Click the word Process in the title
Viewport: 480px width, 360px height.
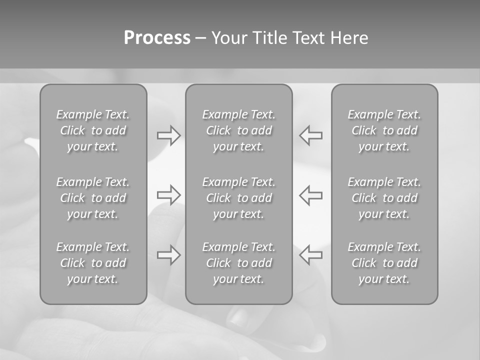point(157,38)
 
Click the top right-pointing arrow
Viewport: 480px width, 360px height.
point(168,135)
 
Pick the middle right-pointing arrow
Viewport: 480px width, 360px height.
point(168,195)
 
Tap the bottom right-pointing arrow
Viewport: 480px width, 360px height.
point(168,255)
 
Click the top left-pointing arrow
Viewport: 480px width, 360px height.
point(311,135)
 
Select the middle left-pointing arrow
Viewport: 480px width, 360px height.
point(311,195)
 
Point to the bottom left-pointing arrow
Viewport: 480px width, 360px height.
point(311,255)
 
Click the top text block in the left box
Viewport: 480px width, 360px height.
point(93,130)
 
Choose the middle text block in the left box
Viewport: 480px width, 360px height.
point(93,198)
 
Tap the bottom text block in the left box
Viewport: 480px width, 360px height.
point(93,263)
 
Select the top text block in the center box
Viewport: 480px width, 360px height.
point(238,130)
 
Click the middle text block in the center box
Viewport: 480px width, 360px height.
point(238,198)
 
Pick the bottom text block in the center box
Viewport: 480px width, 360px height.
point(238,263)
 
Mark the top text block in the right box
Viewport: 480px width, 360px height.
point(384,130)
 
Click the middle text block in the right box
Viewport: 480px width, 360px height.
point(384,198)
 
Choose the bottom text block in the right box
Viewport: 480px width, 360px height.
point(384,263)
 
